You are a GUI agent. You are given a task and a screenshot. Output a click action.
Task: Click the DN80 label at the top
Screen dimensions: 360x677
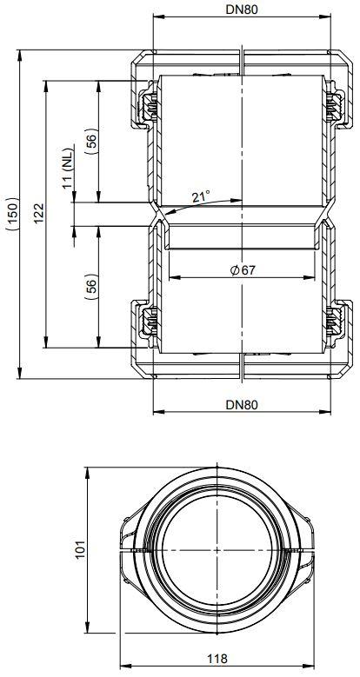click(x=242, y=10)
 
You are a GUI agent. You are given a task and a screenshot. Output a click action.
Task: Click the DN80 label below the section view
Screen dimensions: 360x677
click(x=242, y=405)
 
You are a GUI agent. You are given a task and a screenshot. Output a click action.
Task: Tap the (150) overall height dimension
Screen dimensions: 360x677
click(x=12, y=214)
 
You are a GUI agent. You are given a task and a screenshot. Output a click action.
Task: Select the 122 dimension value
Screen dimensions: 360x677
click(x=39, y=213)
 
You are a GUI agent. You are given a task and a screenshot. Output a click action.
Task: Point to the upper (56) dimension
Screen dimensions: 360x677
click(x=90, y=142)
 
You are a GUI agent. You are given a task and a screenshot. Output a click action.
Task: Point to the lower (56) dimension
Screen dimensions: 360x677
click(x=90, y=287)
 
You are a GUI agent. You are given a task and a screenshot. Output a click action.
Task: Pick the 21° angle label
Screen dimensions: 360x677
click(x=201, y=197)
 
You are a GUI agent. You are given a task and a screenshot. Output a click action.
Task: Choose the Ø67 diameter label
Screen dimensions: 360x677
click(x=243, y=270)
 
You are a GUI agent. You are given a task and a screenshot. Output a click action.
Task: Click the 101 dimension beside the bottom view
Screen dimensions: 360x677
click(x=81, y=549)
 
